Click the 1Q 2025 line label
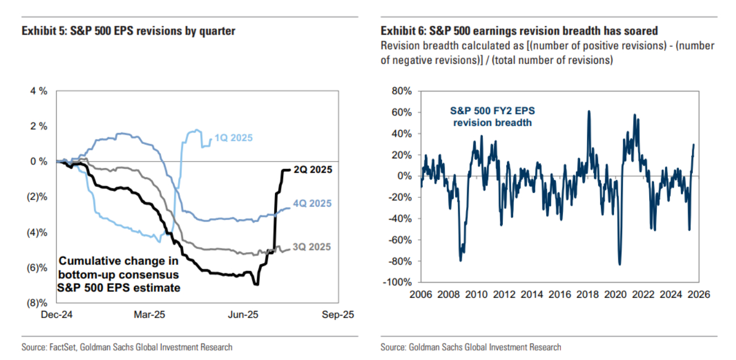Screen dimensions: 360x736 (234, 138)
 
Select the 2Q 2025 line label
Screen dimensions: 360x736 (312, 170)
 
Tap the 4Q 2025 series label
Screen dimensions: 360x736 (312, 204)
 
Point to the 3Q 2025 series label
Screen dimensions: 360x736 (312, 247)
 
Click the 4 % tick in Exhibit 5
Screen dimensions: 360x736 (39, 91)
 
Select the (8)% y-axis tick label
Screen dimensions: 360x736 (38, 303)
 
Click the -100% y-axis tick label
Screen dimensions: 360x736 (401, 283)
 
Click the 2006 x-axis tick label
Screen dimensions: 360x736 (421, 295)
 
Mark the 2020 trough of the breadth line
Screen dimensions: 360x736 (620, 264)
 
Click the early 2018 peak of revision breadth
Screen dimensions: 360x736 (589, 111)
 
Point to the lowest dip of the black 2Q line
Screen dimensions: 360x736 (256, 284)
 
